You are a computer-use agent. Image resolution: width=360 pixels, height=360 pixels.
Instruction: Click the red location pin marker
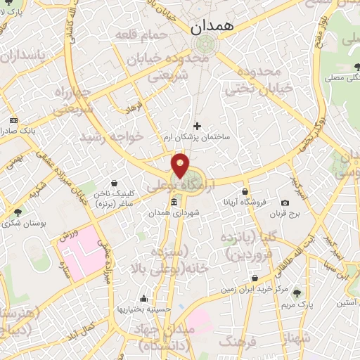pyautogui.click(x=181, y=165)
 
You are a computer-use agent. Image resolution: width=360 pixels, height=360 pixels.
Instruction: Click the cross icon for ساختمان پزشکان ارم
pyautogui.click(x=197, y=126)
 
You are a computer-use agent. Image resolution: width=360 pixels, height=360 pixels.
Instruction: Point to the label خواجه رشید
pyautogui.click(x=112, y=134)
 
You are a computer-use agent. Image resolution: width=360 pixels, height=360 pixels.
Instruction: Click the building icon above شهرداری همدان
pyautogui.click(x=174, y=202)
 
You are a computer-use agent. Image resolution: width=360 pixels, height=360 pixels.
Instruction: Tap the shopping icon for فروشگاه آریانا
pyautogui.click(x=245, y=191)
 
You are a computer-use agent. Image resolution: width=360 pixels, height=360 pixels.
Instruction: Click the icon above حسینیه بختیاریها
pyautogui.click(x=143, y=298)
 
